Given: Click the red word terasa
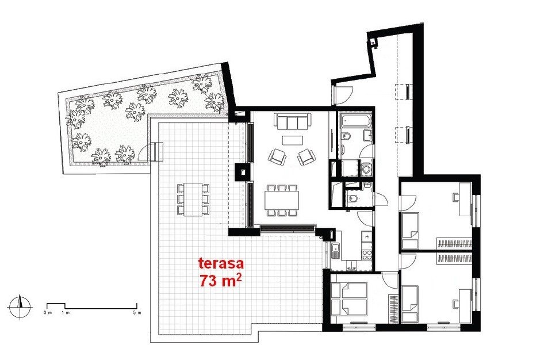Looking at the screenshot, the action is [221, 263].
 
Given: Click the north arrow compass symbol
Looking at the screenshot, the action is [20, 307].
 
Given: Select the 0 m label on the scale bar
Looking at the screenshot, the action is [47, 313].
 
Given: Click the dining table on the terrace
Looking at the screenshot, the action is [193, 200].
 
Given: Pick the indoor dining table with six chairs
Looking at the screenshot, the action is [282, 200].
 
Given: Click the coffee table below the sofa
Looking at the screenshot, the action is [292, 140].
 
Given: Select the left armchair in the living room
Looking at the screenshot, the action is [277, 157].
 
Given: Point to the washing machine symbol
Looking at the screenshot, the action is [366, 169].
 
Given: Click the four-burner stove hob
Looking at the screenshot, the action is [367, 254].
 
